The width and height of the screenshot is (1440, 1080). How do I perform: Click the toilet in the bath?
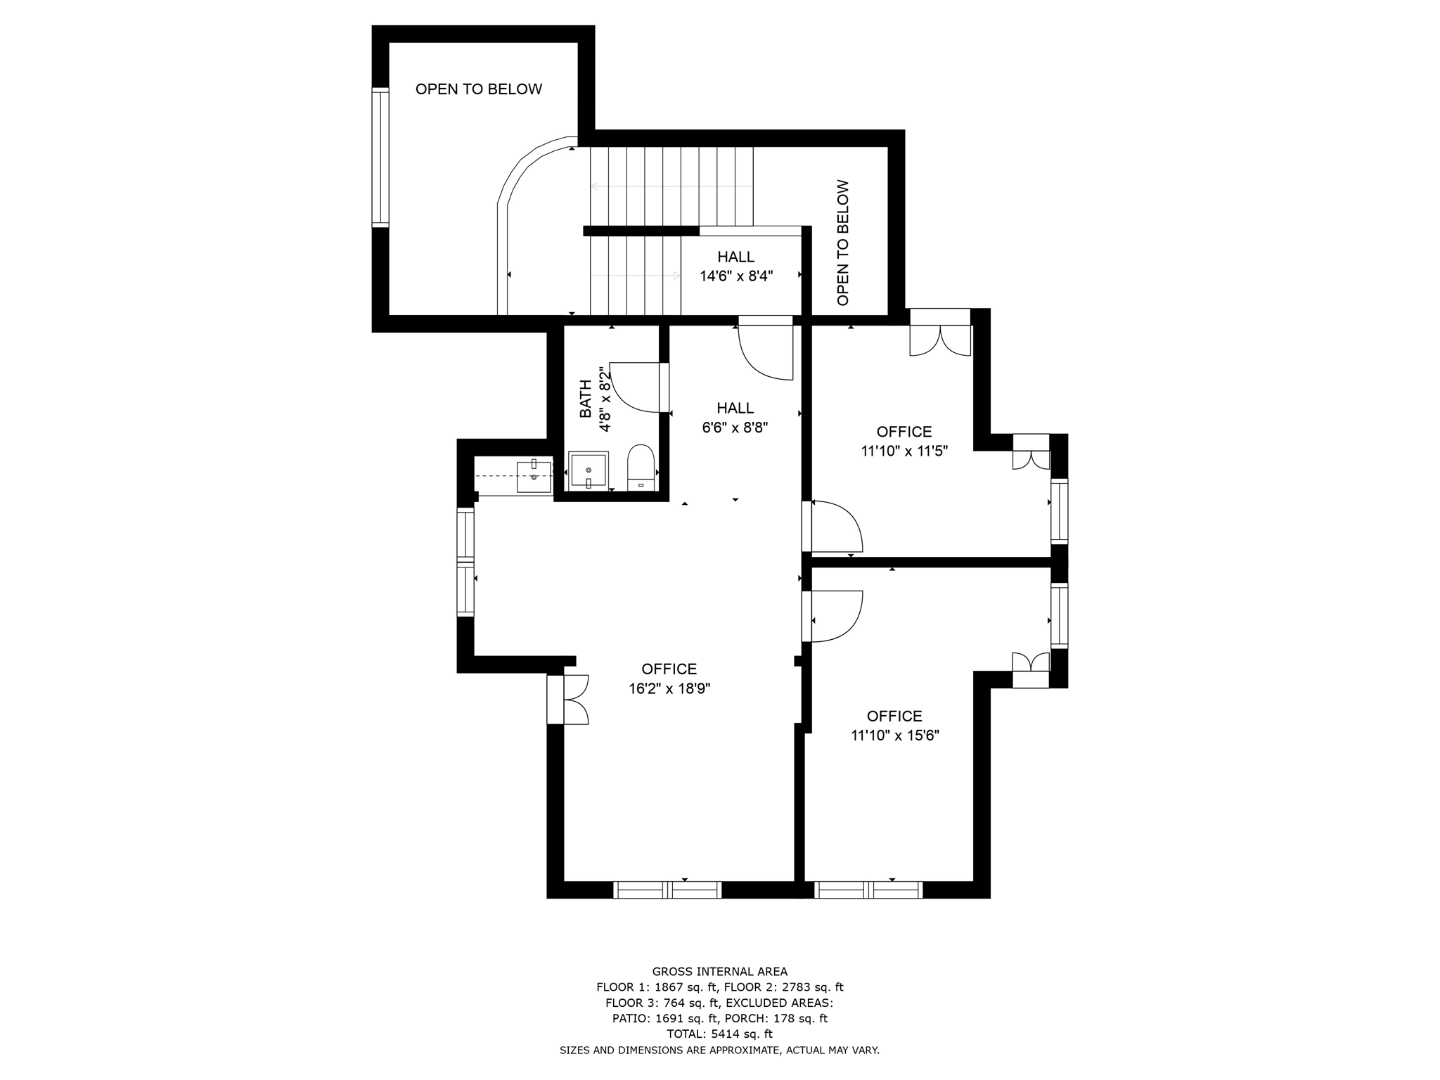point(640,465)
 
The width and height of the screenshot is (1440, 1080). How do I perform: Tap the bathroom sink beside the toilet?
point(588,470)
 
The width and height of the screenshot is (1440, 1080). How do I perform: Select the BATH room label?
point(585,399)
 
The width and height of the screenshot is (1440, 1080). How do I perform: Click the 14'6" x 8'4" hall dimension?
point(736,276)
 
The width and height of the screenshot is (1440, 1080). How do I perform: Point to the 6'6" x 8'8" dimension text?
point(735,427)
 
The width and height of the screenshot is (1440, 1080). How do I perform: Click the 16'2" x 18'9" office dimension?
point(669,689)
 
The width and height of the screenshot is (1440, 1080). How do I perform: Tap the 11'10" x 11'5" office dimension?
point(904,451)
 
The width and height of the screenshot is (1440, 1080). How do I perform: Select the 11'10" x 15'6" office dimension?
point(894,736)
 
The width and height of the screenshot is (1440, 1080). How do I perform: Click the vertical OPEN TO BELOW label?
point(843,243)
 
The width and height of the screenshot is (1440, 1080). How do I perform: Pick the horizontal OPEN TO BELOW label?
point(479,89)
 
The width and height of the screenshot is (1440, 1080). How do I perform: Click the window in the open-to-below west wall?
point(380,157)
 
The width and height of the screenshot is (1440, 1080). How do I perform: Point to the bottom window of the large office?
point(668,890)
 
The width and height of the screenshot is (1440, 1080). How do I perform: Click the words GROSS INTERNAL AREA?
point(719,972)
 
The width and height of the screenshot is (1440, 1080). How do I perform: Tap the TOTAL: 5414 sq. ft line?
point(719,1034)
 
